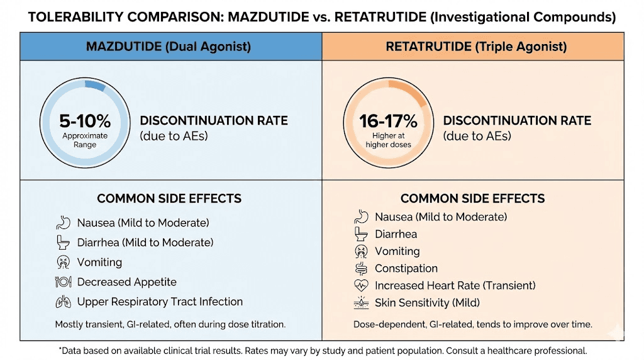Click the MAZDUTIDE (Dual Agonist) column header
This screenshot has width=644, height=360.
coord(170,47)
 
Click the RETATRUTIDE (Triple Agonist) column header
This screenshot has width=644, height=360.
coord(472,47)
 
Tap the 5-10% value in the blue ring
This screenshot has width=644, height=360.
coord(85,120)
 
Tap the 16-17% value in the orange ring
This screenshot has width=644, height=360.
coord(388,120)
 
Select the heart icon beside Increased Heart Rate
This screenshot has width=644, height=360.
coord(361,285)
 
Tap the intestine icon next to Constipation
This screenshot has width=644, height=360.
coord(361,268)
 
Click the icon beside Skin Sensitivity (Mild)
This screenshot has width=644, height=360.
coord(361,303)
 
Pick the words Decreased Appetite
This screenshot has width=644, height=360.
coord(126,282)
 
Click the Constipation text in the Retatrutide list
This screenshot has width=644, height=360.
coord(406,268)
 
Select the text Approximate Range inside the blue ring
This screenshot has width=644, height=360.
coord(85,140)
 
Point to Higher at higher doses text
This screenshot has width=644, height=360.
coord(388,140)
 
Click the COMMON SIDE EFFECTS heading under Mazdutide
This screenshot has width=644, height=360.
coord(169,198)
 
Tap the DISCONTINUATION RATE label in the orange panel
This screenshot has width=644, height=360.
coord(517,120)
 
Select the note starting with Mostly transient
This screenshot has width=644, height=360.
coord(170,324)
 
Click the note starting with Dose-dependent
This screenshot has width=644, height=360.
coord(472,324)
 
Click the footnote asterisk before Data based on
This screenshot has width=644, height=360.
coord(60,349)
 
